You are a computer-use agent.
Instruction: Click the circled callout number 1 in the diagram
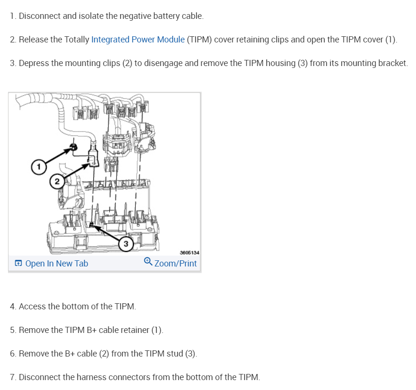coord(39,167)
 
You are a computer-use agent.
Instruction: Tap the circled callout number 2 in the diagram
coord(57,182)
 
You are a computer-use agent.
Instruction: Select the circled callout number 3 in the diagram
coord(126,243)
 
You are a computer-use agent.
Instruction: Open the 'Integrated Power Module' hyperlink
coord(138,40)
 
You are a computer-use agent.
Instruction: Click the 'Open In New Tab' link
coord(57,264)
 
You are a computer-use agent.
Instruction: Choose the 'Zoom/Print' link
coord(175,264)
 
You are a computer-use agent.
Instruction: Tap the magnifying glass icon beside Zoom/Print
coord(148,261)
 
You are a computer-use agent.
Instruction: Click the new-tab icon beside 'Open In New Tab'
coord(18,263)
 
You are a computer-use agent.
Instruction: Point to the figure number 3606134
coord(190,253)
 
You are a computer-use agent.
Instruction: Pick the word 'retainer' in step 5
coord(135,330)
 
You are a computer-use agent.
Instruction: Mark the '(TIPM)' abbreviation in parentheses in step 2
coord(199,40)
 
